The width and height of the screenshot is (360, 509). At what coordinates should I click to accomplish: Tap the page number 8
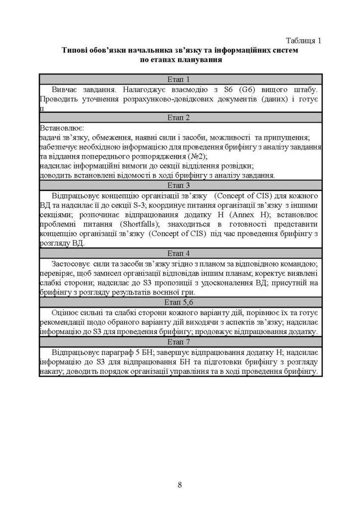tap(180, 484)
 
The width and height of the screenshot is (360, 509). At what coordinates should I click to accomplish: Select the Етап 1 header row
tap(180, 79)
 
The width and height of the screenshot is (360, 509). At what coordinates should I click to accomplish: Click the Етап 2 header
tap(180, 118)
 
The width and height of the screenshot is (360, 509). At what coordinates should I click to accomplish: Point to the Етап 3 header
tap(180, 185)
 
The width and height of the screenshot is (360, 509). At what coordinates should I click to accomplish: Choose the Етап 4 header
tap(180, 253)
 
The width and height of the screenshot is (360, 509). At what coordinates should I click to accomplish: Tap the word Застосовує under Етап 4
tap(71, 263)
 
